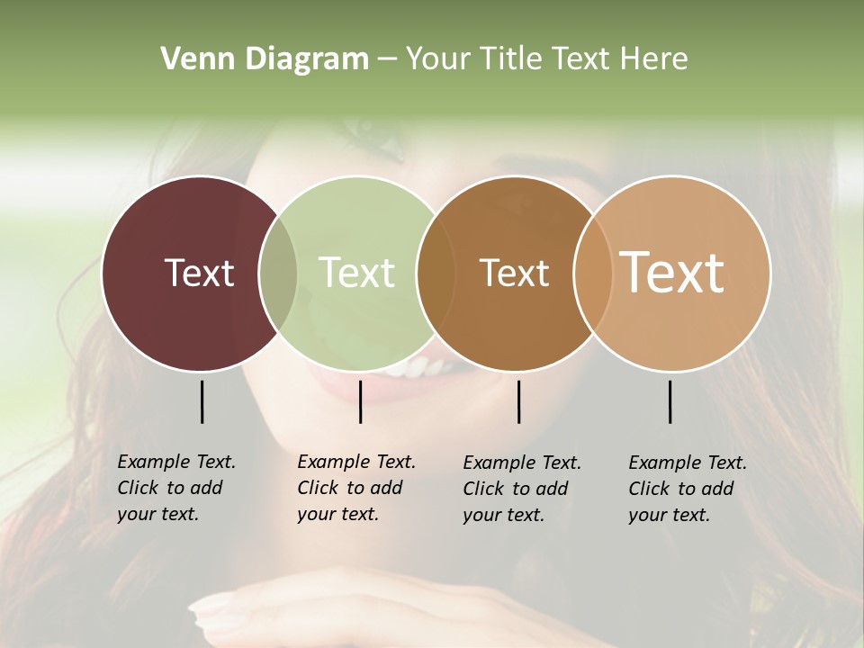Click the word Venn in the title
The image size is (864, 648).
pos(193,59)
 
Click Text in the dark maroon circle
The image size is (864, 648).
pos(199,273)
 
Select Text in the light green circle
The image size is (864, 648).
pos(356,273)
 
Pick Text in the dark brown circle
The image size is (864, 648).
pos(514,273)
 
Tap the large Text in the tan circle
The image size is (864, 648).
pos(672,273)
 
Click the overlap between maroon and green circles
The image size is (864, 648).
pos(278,273)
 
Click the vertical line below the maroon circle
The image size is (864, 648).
pos(202,401)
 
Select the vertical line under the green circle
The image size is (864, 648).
pos(360,401)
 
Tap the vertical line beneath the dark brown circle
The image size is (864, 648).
pos(518,401)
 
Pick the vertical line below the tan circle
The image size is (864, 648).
pos(670,401)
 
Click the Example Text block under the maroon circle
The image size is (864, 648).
pos(176,488)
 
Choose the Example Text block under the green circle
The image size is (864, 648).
pos(356,488)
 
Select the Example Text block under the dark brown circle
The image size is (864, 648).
pos(522,489)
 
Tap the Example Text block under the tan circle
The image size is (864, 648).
pos(688,489)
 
